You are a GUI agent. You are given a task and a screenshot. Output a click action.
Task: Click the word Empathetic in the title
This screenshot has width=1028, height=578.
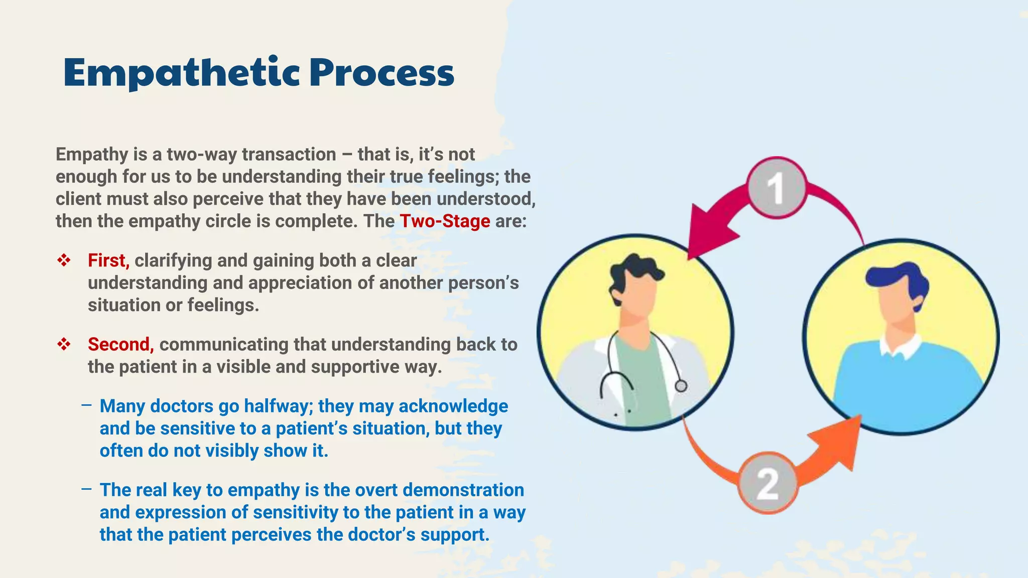(x=181, y=73)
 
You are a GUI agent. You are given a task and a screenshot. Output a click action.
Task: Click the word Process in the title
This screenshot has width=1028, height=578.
(x=381, y=73)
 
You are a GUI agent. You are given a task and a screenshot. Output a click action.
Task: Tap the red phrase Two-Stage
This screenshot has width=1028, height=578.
(x=445, y=221)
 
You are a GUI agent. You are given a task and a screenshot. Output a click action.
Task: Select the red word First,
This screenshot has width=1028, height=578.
(x=108, y=260)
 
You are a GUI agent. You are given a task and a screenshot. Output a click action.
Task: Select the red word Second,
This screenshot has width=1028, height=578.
(x=120, y=344)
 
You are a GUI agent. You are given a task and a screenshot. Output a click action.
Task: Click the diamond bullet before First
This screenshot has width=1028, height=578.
(x=64, y=260)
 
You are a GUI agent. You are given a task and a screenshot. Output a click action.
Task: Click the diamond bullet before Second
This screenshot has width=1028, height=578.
(x=64, y=344)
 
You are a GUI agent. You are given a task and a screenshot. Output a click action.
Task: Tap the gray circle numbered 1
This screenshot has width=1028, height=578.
(x=777, y=188)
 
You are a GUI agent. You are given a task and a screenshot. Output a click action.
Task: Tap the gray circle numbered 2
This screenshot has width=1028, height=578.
(x=767, y=483)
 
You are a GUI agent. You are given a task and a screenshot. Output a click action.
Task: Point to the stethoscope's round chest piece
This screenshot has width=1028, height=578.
(x=681, y=386)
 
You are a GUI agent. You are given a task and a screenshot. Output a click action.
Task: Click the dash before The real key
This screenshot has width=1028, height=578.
(x=86, y=489)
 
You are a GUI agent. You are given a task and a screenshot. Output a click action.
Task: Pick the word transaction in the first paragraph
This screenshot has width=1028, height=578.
(x=289, y=155)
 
